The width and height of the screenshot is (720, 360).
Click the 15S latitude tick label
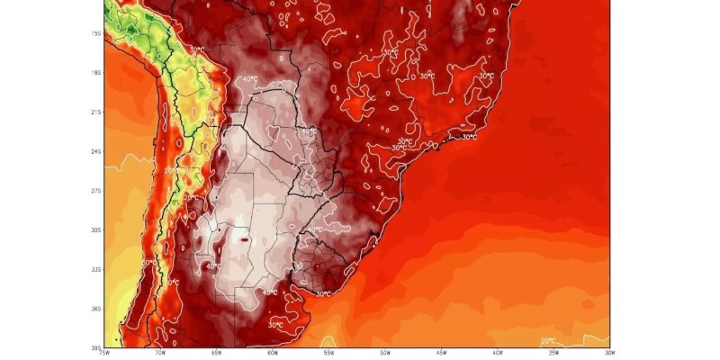point(95,33)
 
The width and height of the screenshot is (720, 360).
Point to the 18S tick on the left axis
point(95,72)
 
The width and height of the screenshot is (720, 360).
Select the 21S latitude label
point(95,112)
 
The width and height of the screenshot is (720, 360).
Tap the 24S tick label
point(95,151)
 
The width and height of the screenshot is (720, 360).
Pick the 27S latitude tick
point(95,191)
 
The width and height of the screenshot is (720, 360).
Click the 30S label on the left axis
point(95,230)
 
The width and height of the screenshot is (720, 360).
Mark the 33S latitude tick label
point(95,269)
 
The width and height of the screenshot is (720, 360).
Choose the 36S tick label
point(95,309)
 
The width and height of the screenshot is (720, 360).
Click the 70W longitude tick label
point(160,353)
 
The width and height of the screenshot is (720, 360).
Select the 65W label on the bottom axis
point(216,353)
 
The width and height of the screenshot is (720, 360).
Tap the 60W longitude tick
point(273,353)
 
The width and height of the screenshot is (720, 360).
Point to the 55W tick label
point(328,353)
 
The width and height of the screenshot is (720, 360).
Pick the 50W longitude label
point(385,353)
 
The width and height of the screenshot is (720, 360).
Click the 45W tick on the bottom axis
point(441,353)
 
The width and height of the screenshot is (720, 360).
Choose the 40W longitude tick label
point(498,353)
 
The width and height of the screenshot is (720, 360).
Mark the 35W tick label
point(553,353)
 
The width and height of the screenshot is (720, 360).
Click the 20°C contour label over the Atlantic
point(548,341)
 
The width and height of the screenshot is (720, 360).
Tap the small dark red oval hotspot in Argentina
point(246,239)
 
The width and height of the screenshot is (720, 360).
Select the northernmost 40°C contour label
point(250,79)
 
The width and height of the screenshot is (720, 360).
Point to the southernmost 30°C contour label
point(276,325)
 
